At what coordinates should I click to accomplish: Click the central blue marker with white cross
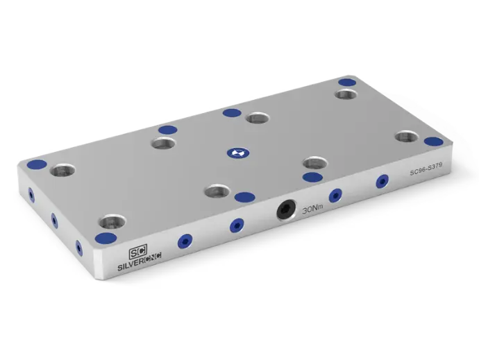tap(236, 151)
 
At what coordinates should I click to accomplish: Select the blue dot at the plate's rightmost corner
tap(433, 142)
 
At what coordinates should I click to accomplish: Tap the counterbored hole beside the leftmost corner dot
tap(63, 169)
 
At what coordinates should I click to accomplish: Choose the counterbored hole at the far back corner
tap(346, 94)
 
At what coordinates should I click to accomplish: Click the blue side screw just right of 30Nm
tap(335, 195)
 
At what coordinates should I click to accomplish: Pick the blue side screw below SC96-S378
tap(381, 182)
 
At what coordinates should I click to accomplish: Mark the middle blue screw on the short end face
tap(53, 221)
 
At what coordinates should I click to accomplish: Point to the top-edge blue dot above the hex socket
tap(243, 197)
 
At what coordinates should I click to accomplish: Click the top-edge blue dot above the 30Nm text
tap(312, 177)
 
